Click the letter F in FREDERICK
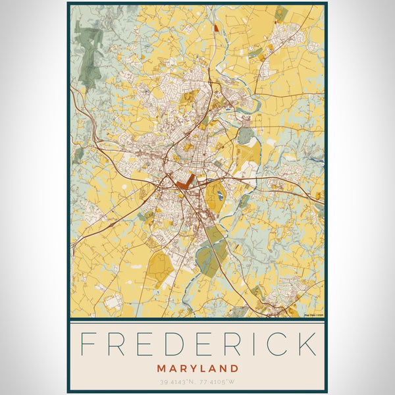click(x=88, y=344)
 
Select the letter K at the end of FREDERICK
click(x=304, y=344)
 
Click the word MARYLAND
click(x=197, y=368)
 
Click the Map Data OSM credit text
click(x=313, y=315)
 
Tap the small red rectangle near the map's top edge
click(x=215, y=27)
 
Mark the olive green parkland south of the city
click(x=212, y=253)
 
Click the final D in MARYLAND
click(x=235, y=368)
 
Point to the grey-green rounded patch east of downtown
click(x=245, y=136)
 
